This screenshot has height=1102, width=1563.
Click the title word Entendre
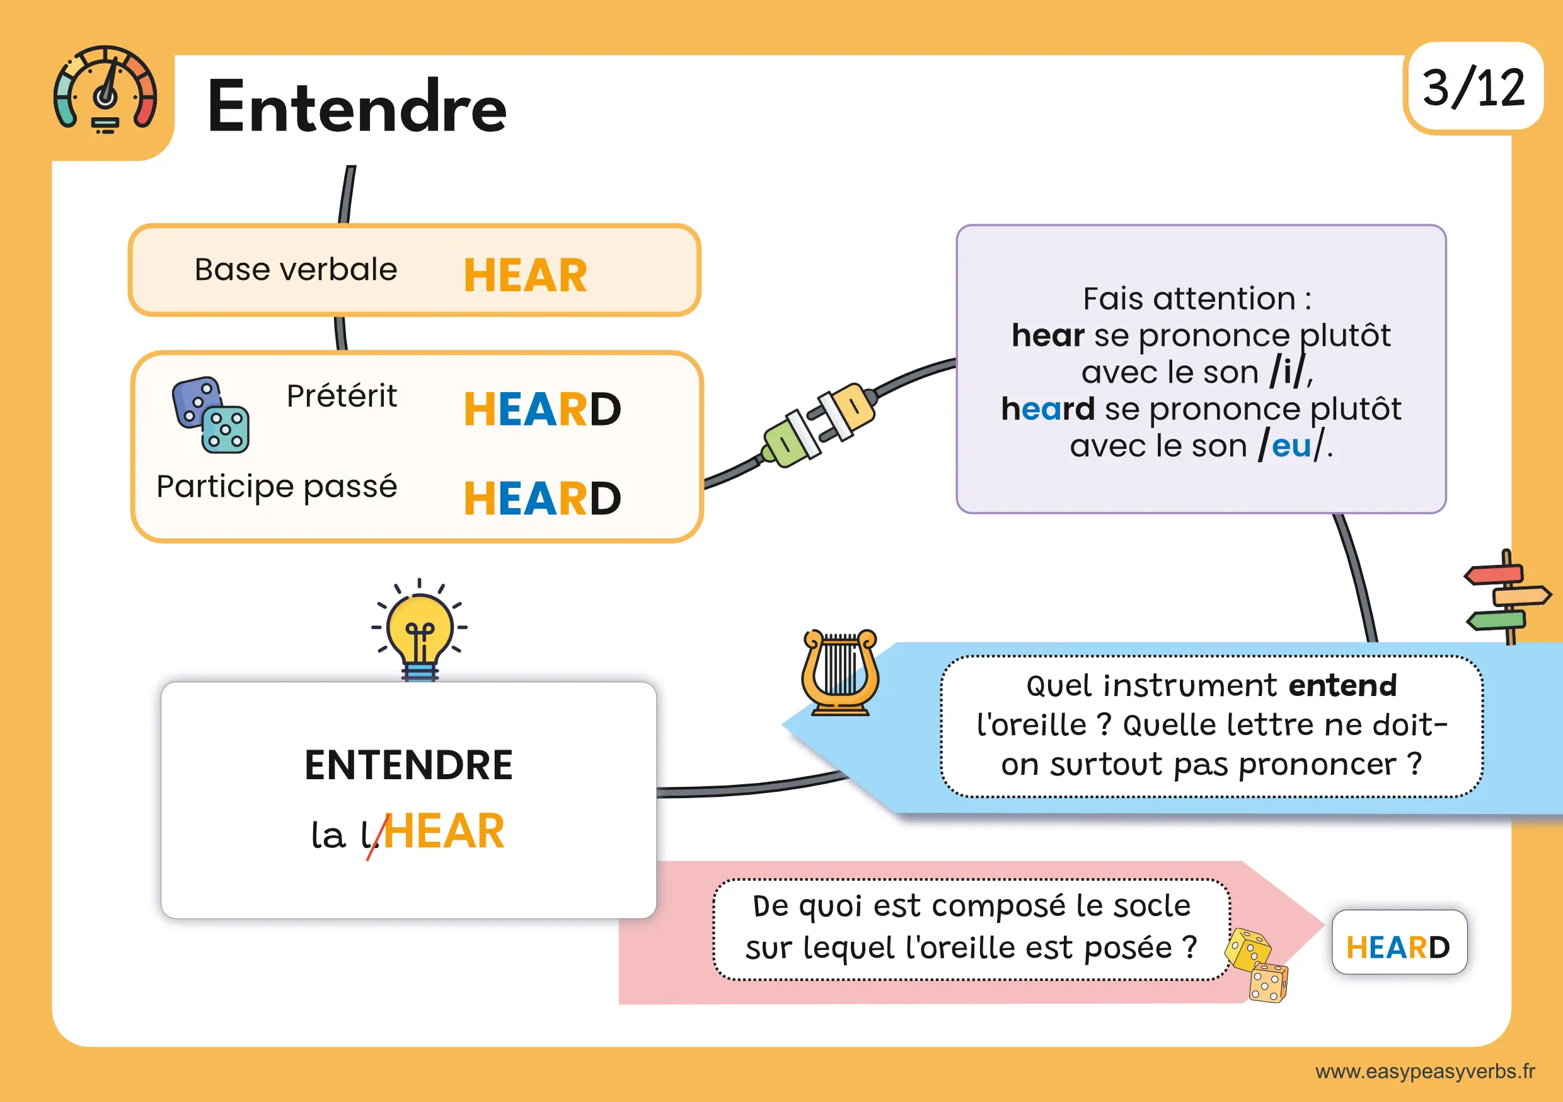357,107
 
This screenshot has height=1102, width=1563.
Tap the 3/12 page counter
1473,88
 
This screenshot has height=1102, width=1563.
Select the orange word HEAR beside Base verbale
525,275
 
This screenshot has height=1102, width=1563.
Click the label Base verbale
296,269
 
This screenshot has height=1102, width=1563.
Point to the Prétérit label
342,395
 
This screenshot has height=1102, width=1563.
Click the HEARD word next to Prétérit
542,409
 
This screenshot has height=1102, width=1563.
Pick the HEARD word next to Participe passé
542,498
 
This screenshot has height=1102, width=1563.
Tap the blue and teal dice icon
211,414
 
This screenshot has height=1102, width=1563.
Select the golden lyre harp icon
840,672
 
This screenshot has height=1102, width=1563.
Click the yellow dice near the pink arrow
1257,965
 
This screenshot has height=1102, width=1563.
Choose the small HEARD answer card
1399,942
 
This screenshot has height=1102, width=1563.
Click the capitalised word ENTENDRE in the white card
408,765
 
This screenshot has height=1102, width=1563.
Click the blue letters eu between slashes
1291,447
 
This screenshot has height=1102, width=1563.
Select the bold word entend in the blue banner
1342,685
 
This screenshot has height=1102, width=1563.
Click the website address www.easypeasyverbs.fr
1426,1071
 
